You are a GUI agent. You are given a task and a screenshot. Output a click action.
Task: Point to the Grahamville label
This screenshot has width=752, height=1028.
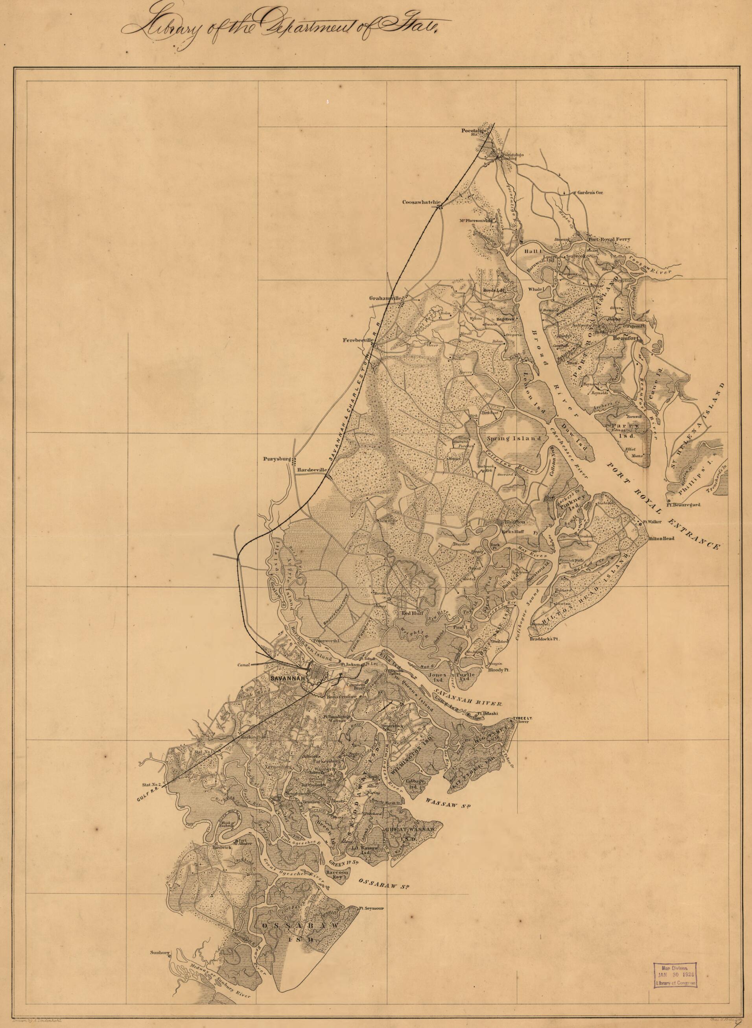click(x=385, y=298)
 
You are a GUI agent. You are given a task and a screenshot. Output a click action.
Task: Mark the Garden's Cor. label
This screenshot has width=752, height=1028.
click(x=590, y=192)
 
